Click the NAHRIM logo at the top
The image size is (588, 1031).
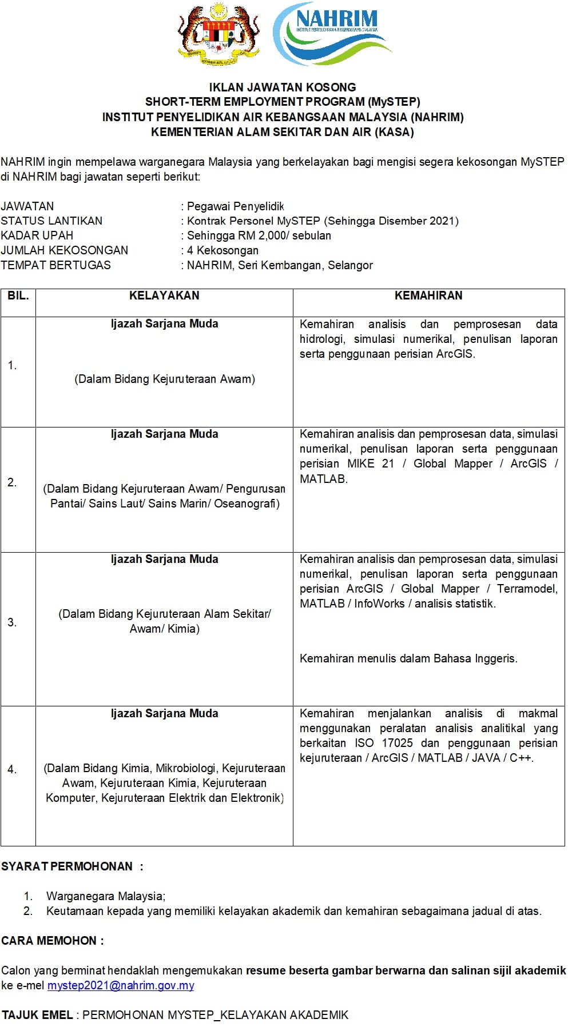click(x=332, y=33)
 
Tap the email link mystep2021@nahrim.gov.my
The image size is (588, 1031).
click(x=121, y=985)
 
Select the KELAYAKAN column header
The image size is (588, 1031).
click(x=164, y=295)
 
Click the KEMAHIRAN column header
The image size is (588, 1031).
click(x=428, y=295)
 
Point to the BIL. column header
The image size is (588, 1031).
click(x=18, y=295)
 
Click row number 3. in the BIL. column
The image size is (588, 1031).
click(x=12, y=622)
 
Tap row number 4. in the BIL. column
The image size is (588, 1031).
click(x=12, y=770)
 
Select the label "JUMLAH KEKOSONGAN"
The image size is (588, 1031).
click(x=65, y=250)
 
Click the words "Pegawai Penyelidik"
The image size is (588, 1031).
click(x=235, y=206)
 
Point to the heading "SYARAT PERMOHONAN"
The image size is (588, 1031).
click(x=67, y=866)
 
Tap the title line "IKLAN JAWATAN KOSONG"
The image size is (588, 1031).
click(x=283, y=87)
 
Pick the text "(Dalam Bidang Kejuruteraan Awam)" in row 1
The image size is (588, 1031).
click(x=165, y=379)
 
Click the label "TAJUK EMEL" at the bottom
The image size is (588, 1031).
click(x=38, y=1015)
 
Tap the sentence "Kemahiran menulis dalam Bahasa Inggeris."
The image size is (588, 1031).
click(x=408, y=658)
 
